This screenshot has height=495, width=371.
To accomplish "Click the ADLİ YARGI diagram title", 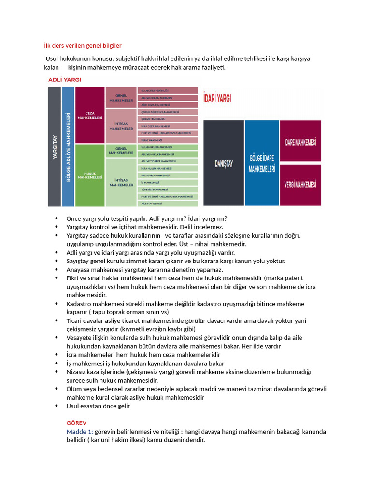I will click(x=64, y=79).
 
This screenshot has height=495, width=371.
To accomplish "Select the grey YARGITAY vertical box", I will click(x=54, y=147).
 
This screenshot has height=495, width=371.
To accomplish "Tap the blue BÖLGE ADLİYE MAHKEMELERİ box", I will click(x=68, y=147).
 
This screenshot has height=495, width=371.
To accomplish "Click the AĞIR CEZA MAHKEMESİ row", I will click(x=168, y=105).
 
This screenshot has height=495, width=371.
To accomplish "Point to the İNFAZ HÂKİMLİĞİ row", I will click(x=168, y=140).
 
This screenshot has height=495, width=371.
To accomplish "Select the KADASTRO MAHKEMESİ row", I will click(x=168, y=175).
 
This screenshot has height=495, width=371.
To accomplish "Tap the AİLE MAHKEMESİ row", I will click(x=168, y=204).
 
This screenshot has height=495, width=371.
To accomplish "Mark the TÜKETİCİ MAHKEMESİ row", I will click(x=168, y=189).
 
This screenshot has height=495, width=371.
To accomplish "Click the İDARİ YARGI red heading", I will click(x=217, y=98).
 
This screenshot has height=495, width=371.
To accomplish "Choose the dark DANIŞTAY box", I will click(x=223, y=163).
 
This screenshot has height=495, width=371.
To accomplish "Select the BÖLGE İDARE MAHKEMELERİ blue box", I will click(x=261, y=163).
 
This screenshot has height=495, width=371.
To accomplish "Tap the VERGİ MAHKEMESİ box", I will click(x=300, y=185).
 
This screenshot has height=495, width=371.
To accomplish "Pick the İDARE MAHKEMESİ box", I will click(x=300, y=142).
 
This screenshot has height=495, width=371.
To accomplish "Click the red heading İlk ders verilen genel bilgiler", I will click(x=83, y=46).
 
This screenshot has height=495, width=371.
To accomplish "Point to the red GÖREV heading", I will click(x=76, y=422).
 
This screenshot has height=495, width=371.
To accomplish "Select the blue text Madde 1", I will click(x=79, y=431).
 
